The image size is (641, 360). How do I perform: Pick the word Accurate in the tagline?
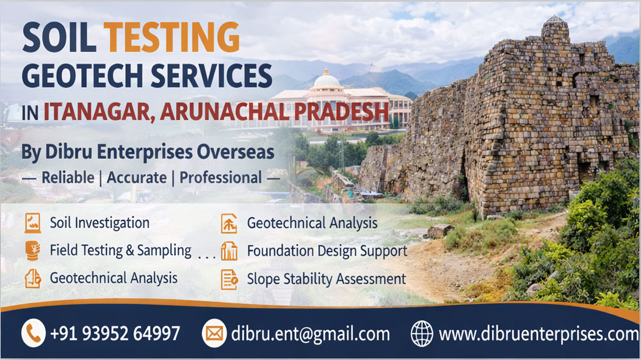(x=137, y=178)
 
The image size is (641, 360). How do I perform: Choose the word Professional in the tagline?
(x=220, y=178)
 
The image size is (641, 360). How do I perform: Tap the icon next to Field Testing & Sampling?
(x=32, y=251)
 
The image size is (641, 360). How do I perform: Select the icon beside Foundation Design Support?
(x=229, y=251)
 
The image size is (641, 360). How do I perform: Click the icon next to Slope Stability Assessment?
(x=229, y=279)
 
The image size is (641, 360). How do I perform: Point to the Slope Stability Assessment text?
(x=326, y=279)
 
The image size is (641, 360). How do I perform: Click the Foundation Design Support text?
(x=327, y=251)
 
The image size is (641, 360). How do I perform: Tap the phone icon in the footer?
(x=34, y=334)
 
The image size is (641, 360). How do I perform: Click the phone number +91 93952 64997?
(x=115, y=334)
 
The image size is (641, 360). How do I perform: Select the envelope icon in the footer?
(x=214, y=334)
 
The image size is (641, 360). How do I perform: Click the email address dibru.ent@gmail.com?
(x=310, y=334)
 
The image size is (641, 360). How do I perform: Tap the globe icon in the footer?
(x=422, y=334)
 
